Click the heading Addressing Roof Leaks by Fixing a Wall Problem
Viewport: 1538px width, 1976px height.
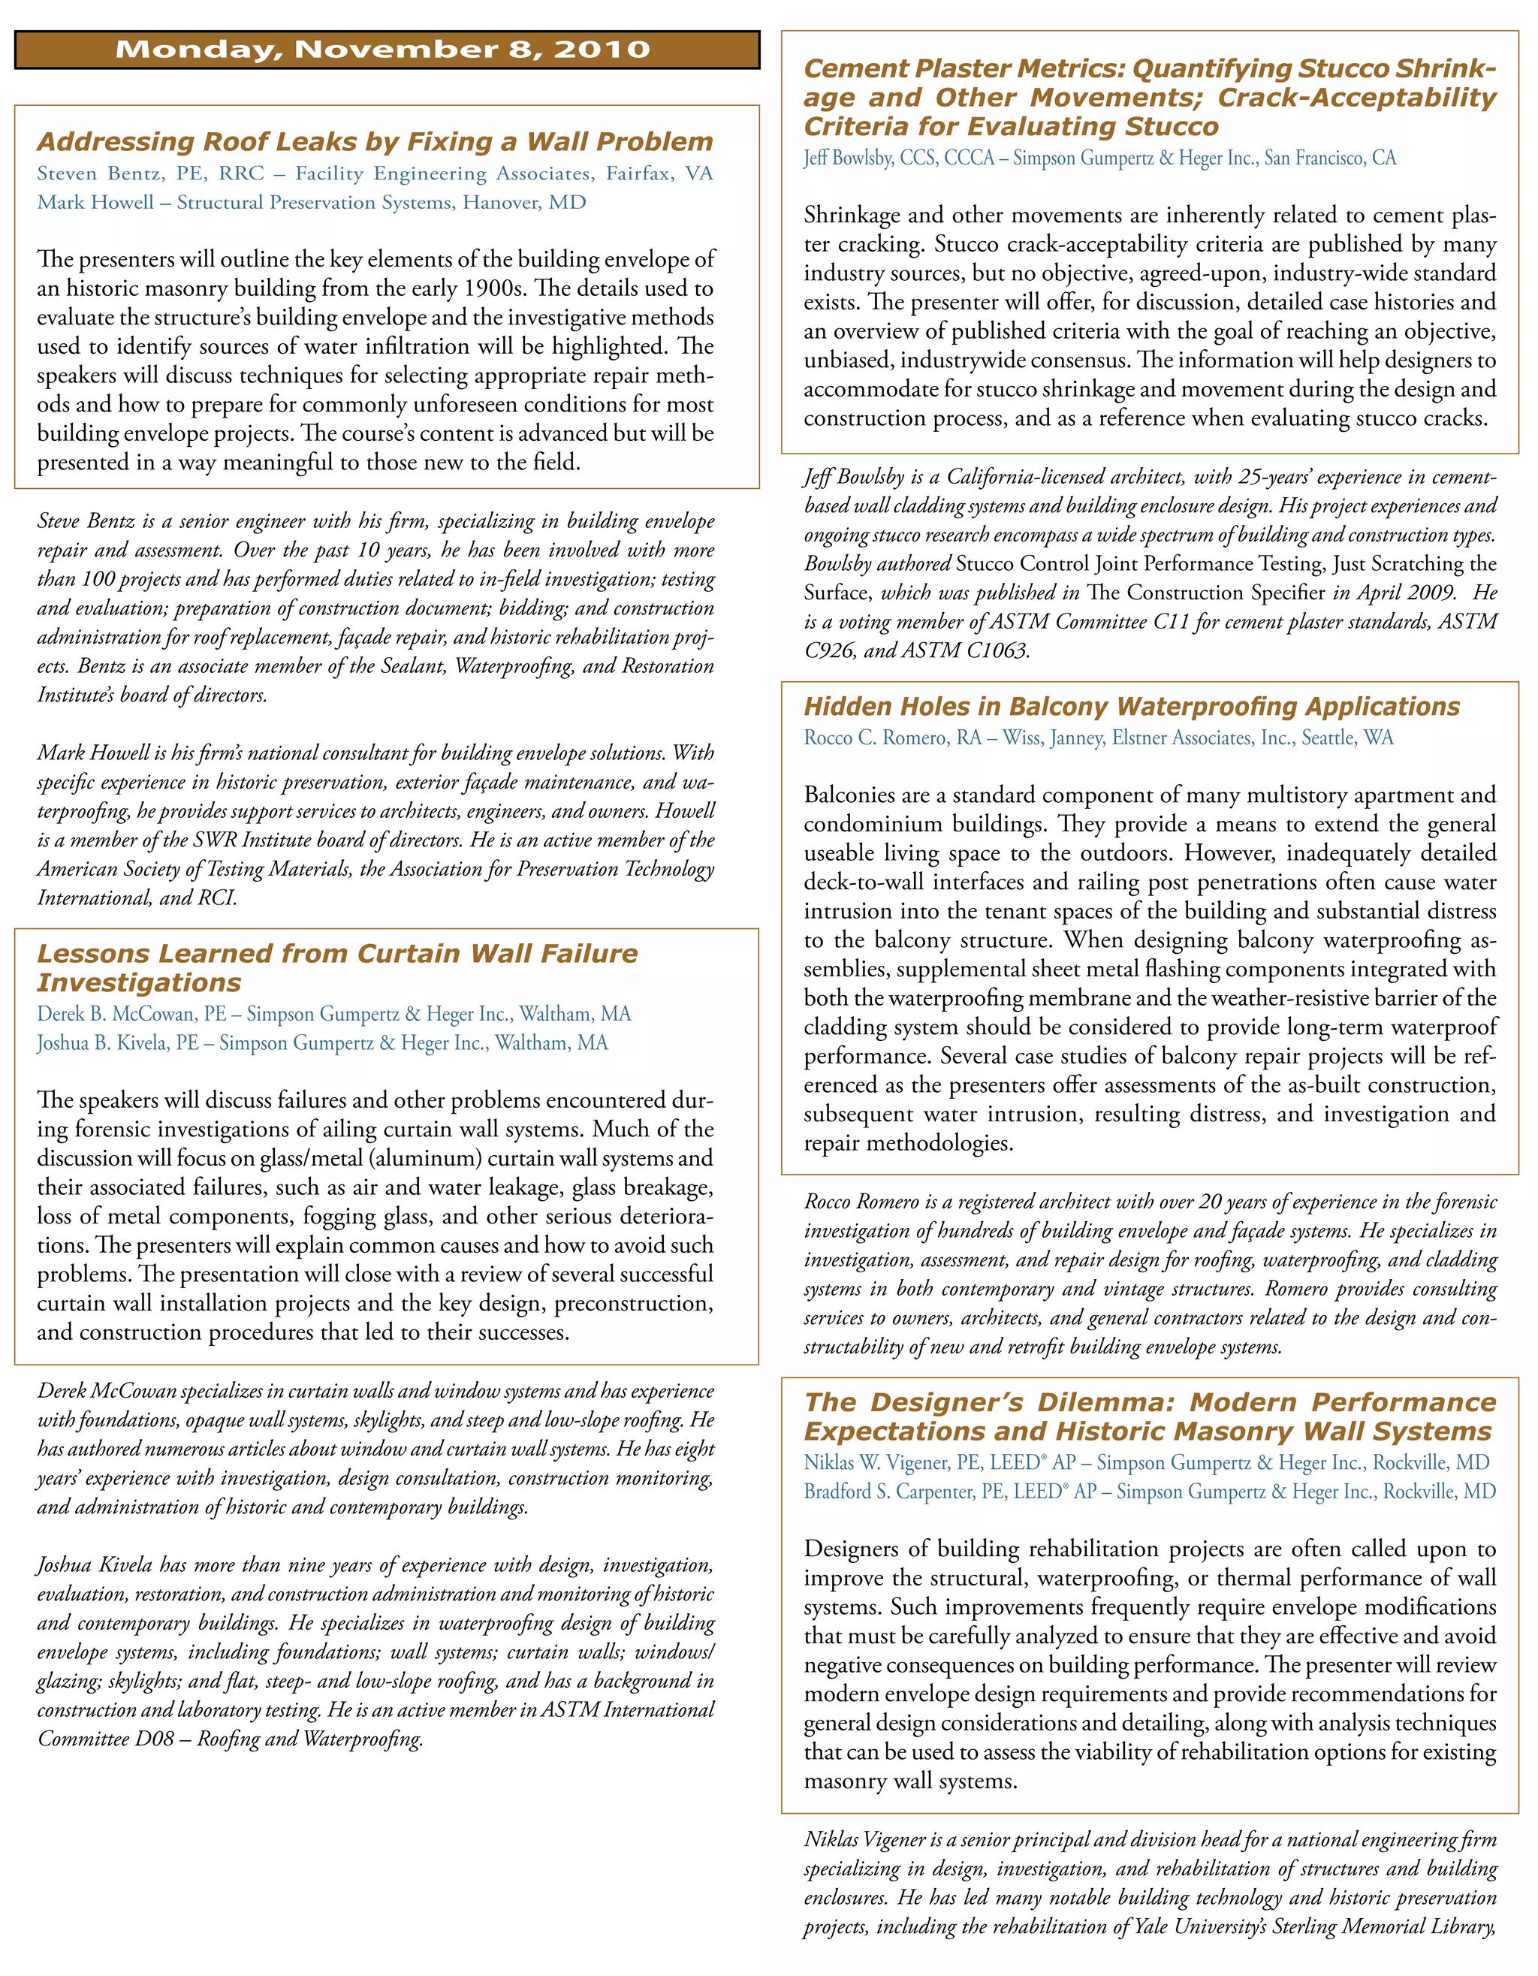pos(375,142)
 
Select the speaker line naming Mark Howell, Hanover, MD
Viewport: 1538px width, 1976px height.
pos(311,203)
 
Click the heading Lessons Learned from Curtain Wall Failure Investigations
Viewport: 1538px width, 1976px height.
pos(336,967)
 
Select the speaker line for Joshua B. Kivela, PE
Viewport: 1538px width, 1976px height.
pos(322,1043)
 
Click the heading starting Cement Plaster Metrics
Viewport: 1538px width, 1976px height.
pos(1149,98)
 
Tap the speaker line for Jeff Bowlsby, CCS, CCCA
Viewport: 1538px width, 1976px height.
pos(1099,158)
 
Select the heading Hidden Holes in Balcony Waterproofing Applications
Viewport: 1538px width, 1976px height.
pos(1132,707)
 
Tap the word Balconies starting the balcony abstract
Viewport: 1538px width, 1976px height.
pos(847,795)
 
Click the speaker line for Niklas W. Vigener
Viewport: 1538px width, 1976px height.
pos(1146,1463)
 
